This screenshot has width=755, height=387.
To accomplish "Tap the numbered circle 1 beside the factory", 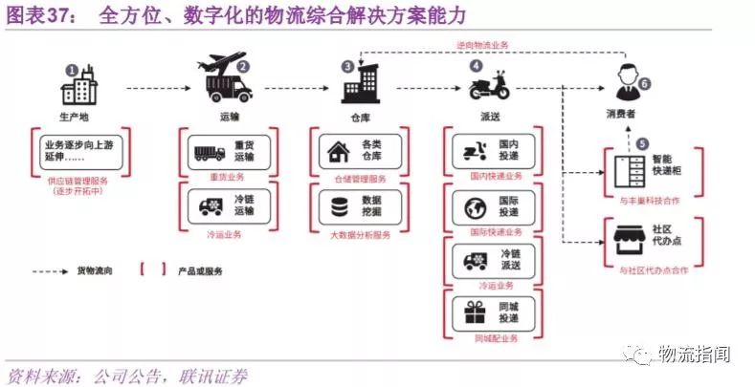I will (x=71, y=70).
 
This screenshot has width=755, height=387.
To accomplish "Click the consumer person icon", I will (x=627, y=87).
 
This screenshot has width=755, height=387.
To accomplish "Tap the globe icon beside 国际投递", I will (x=472, y=206).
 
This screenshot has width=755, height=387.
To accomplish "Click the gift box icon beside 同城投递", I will (x=472, y=312).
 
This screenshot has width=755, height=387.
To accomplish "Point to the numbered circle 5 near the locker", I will (x=628, y=143).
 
